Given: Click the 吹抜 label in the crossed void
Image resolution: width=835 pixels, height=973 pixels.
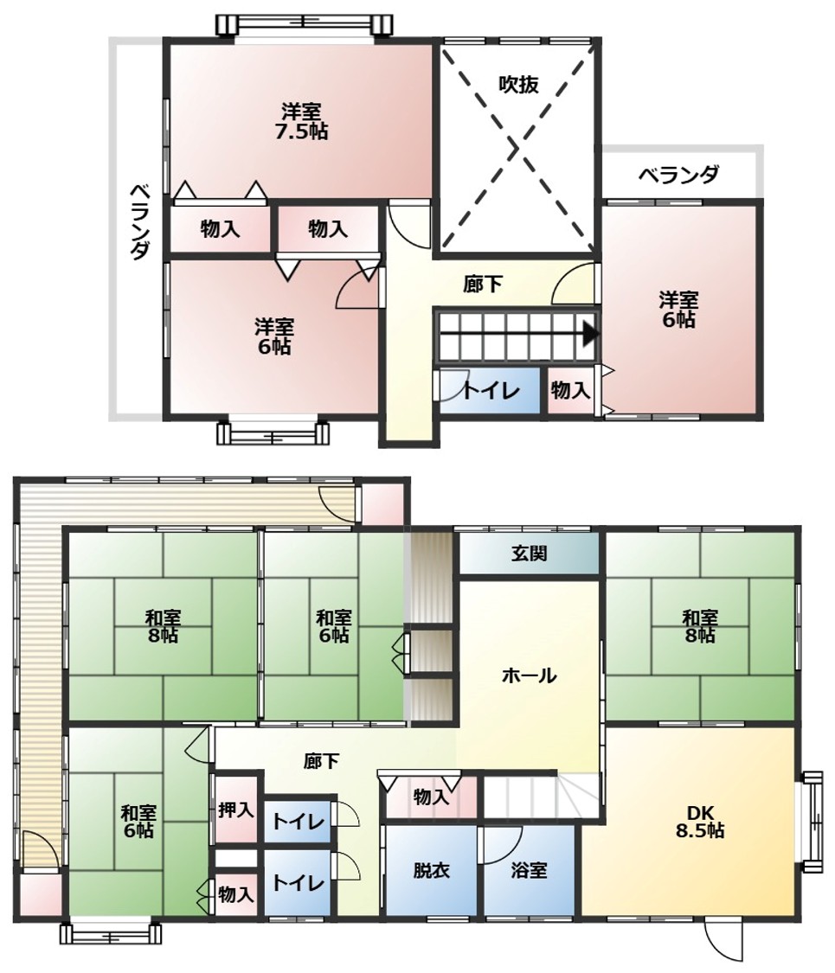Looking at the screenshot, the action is coord(518,85).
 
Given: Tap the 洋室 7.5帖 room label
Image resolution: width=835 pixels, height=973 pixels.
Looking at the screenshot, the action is coord(301,122).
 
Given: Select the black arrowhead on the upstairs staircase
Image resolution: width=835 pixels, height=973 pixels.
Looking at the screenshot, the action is coord(590,335).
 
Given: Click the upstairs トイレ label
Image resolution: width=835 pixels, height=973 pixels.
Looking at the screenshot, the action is coord(491,391).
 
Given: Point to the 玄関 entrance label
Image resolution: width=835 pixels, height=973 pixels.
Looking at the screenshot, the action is coord(529,553).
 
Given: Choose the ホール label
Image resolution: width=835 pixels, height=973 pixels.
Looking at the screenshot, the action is coord(529,675).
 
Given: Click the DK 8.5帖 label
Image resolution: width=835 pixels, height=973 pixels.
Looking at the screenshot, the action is coord(700,821).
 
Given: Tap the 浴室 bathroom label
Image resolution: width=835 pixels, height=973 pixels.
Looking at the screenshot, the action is coord(529,870).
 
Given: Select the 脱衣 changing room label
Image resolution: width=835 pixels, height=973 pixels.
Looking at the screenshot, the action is coord(431,870).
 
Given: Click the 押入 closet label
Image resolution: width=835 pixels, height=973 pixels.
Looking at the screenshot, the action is coord(236,810).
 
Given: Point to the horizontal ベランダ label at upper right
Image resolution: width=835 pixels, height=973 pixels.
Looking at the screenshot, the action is coord(679,175).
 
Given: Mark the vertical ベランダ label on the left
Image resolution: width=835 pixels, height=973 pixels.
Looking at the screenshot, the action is coord(139,221).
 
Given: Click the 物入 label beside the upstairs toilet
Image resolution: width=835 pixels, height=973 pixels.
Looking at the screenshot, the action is coord(570,391).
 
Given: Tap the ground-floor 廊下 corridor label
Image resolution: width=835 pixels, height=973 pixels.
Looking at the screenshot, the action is coord(322,761).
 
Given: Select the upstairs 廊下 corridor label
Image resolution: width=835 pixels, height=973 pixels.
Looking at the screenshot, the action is coord(482,285).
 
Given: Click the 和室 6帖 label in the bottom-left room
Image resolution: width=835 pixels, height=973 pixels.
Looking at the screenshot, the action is coord(138,821).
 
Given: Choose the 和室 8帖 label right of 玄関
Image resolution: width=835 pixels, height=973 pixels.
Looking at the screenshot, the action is coord(700,626).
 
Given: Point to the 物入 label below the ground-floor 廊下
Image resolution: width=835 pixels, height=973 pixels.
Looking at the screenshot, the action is coord(431,797).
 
